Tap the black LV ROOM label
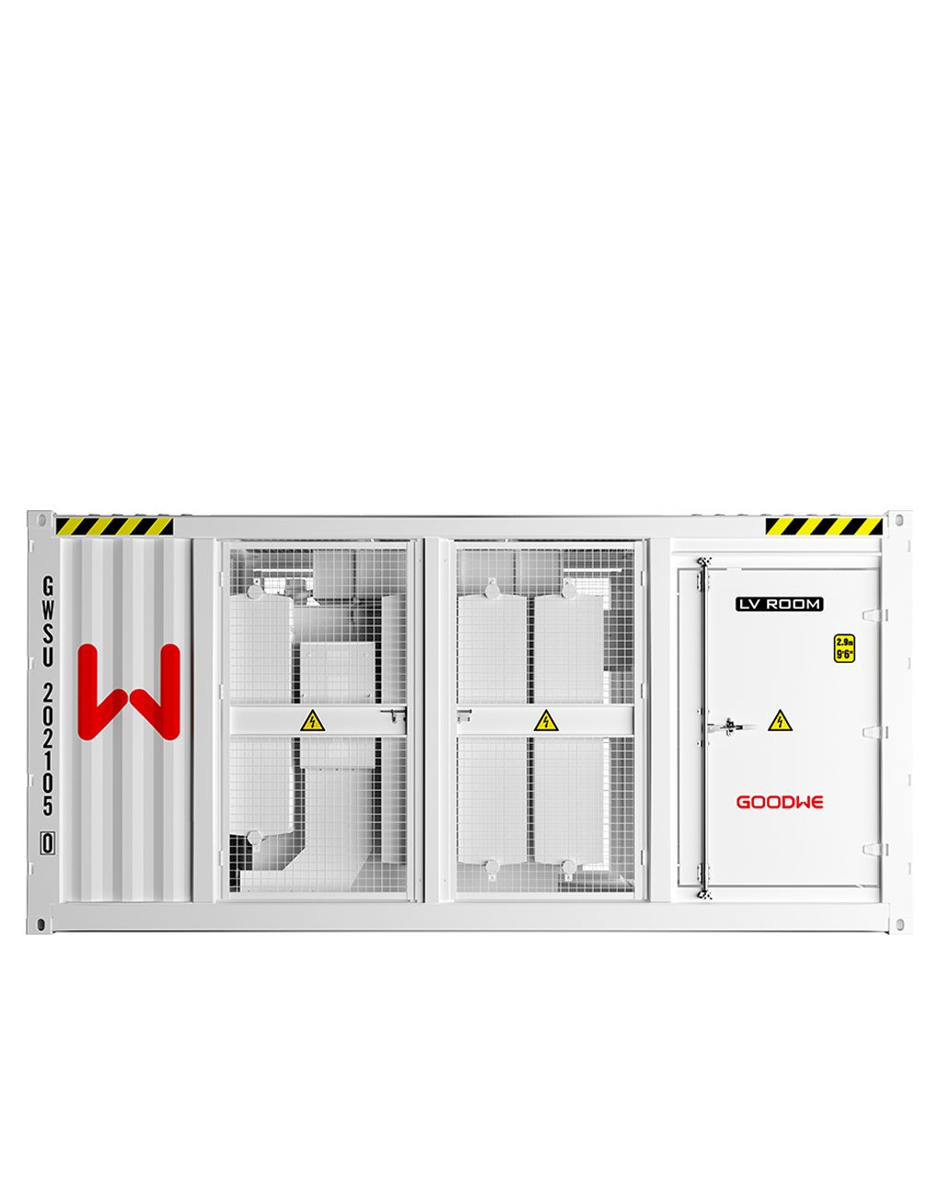click(x=779, y=604)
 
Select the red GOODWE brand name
click(x=780, y=802)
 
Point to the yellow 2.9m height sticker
click(x=844, y=648)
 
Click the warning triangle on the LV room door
click(x=781, y=720)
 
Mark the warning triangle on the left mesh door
click(x=313, y=720)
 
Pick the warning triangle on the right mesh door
click(x=547, y=720)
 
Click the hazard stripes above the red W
click(x=114, y=527)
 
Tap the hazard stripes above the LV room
click(x=823, y=527)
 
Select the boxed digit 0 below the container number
click(x=48, y=843)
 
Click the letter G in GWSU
click(x=48, y=587)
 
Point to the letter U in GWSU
click(x=48, y=657)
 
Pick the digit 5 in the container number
click(x=48, y=806)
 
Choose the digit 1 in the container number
click(x=48, y=760)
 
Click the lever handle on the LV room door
click(x=727, y=726)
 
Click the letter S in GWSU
click(x=48, y=633)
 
